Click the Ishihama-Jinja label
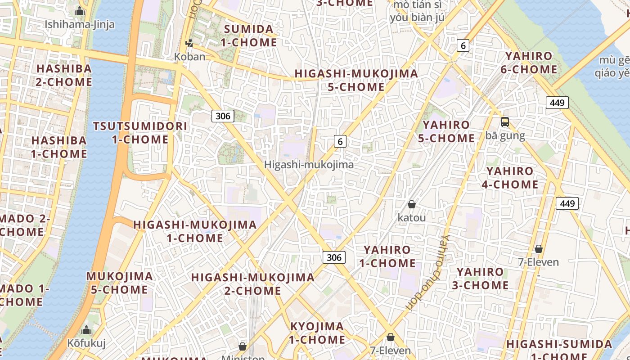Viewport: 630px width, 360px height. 80,24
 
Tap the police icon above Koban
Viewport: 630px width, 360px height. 189,43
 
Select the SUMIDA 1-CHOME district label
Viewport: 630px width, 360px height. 248,36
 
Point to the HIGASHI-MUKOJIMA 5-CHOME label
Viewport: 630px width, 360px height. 356,80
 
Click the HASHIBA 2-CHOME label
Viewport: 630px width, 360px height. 64,75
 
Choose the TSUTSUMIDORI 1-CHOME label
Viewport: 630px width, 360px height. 140,133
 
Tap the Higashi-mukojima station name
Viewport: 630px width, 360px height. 309,165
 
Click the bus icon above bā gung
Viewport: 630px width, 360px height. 505,122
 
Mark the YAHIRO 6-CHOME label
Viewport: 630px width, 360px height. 529,63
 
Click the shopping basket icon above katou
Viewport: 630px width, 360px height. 411,205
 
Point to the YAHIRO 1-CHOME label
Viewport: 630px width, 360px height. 387,256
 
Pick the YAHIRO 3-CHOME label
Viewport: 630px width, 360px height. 480,279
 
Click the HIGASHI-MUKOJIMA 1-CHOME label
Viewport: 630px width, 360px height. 195,231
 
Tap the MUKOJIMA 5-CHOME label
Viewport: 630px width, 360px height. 119,283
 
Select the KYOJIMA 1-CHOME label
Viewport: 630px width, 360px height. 317,333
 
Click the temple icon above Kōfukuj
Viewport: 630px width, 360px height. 86,331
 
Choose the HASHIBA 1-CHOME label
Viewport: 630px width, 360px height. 59,147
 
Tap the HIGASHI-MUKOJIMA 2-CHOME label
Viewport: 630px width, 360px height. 252,284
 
